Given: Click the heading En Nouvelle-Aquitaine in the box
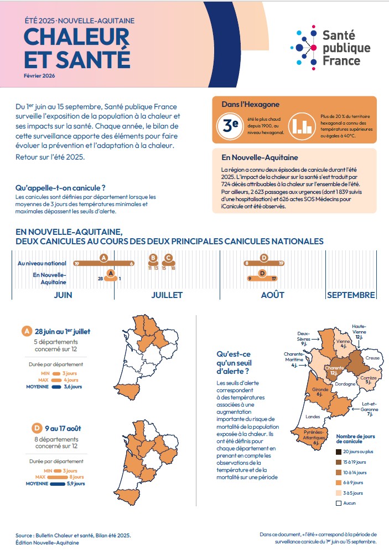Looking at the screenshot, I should (252, 157).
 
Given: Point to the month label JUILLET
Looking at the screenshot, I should (167, 295).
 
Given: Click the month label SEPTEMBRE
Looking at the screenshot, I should (351, 295).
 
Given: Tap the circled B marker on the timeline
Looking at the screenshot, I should (153, 258).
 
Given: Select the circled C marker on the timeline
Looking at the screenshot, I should (168, 258).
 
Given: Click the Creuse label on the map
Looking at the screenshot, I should (372, 358).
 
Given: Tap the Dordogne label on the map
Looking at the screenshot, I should (345, 384).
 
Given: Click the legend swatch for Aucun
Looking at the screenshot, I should (339, 503).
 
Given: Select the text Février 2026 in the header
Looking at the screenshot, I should (39, 75).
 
